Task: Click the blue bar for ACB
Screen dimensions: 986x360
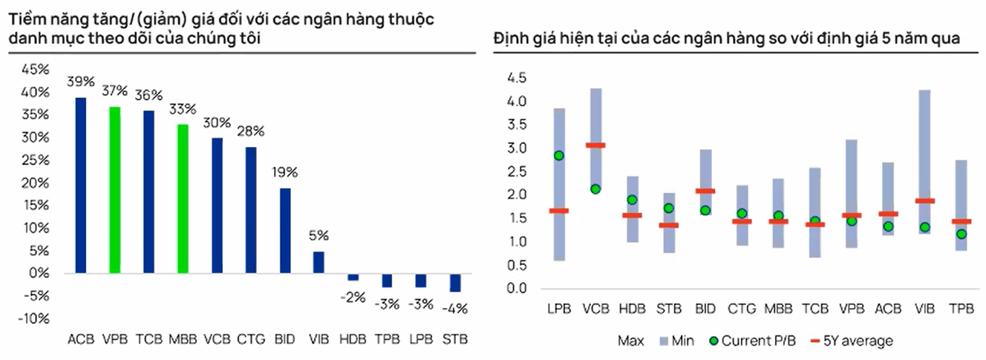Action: tap(81, 186)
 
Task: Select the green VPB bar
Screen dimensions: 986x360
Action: tap(115, 190)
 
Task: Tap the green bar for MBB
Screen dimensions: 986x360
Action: tap(183, 199)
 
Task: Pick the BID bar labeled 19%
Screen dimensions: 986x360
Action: tap(285, 231)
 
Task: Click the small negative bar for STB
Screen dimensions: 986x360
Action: tap(455, 283)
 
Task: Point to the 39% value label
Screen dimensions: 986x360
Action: tap(80, 82)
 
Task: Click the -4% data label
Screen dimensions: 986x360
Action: tap(454, 309)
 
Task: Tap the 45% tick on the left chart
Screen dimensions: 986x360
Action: tap(35, 69)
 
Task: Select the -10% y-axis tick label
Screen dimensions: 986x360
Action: tap(33, 318)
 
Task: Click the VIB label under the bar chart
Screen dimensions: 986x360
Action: tap(319, 339)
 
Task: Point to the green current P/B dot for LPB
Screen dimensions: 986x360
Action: tap(559, 156)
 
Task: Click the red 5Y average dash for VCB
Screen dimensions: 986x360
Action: tap(595, 145)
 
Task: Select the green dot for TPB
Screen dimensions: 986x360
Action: tap(961, 234)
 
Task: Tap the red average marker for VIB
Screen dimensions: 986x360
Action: tap(925, 201)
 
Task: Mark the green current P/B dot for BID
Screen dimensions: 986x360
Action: tap(705, 210)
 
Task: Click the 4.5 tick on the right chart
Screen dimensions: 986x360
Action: tap(517, 78)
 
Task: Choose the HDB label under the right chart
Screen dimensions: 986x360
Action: tap(632, 309)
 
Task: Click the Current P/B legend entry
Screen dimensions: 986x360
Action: tap(753, 341)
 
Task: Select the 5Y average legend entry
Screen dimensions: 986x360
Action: tap(852, 341)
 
